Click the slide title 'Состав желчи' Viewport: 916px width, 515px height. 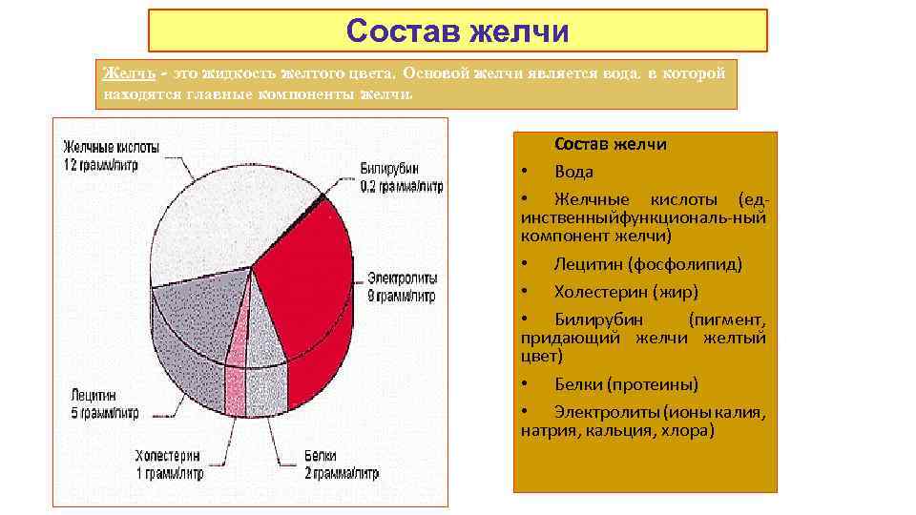[457, 31]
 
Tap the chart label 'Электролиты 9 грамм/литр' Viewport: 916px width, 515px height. [402, 286]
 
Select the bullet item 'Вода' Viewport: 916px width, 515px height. [573, 172]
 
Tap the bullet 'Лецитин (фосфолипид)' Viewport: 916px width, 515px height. [648, 264]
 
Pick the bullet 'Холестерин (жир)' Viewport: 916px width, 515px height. [626, 292]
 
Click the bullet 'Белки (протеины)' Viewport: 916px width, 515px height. [626, 384]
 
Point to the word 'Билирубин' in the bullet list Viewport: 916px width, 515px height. [598, 319]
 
